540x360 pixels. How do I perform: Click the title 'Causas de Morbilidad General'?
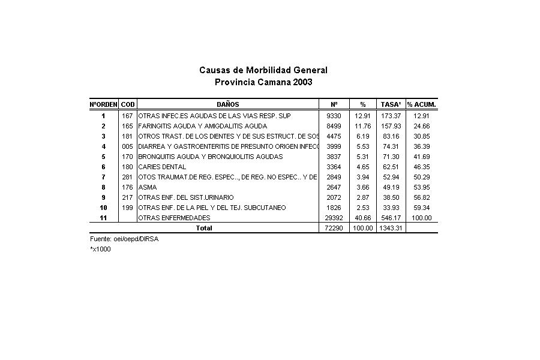[x=263, y=70]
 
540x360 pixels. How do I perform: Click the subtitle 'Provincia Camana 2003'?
[x=263, y=82]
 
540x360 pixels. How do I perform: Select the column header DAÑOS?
[x=228, y=104]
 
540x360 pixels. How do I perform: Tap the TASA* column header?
[x=391, y=104]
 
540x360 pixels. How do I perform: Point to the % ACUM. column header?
[x=422, y=104]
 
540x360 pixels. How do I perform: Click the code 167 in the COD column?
[x=127, y=115]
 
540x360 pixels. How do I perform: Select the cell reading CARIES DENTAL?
[x=162, y=167]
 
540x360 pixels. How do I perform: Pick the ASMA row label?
[x=148, y=187]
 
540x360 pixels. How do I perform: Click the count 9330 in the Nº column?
[x=334, y=115]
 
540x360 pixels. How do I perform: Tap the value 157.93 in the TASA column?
[x=391, y=126]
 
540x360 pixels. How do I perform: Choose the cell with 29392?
[x=332, y=218]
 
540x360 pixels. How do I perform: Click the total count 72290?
[x=332, y=228]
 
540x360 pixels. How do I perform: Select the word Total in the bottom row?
[x=204, y=228]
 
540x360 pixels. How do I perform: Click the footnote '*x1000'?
[x=100, y=249]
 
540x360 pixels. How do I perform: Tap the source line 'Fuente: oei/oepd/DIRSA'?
[x=124, y=239]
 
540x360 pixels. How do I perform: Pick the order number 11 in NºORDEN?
[x=103, y=218]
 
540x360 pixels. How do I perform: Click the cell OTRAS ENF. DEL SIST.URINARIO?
[x=186, y=197]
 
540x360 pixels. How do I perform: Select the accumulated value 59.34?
[x=422, y=208]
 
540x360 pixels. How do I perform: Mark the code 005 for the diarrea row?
[x=127, y=146]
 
